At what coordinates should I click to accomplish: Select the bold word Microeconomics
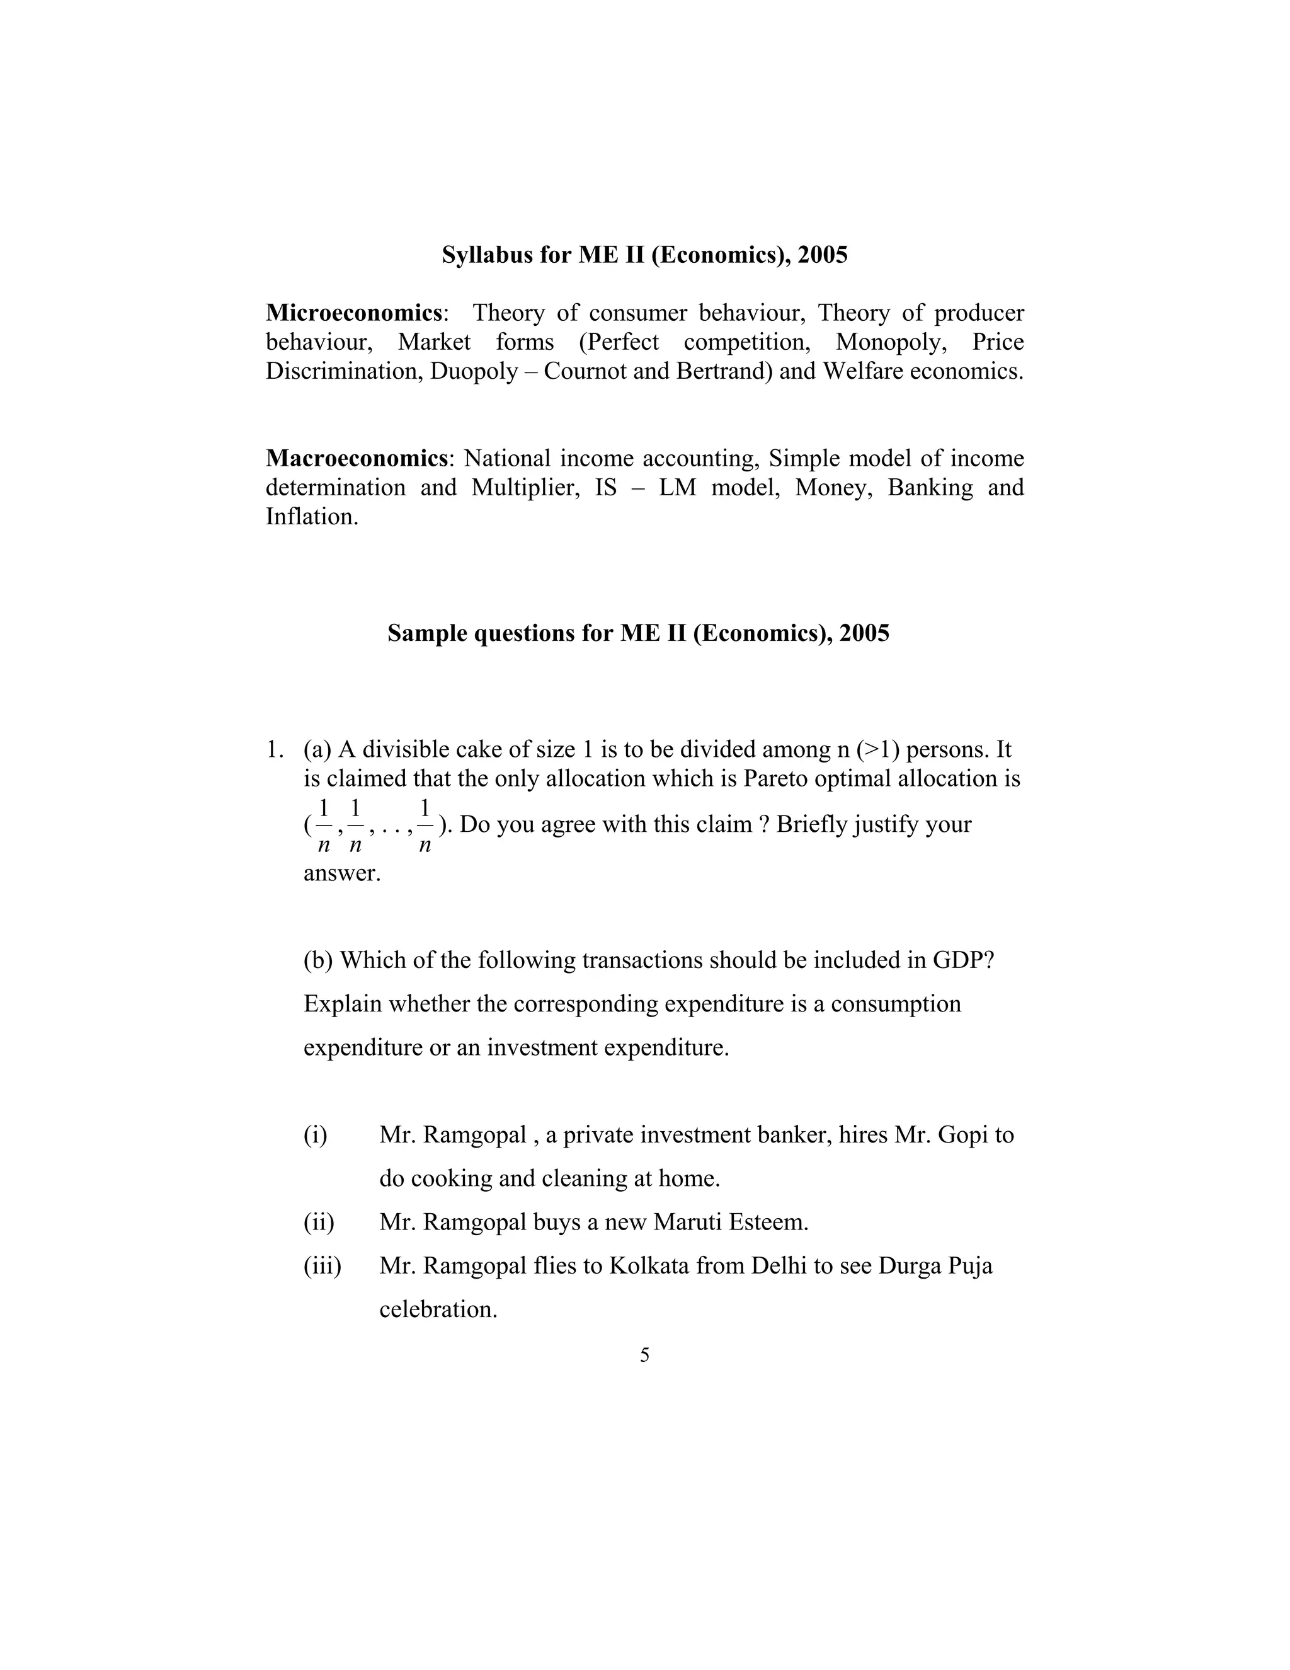click(354, 313)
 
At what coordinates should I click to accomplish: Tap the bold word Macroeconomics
click(356, 458)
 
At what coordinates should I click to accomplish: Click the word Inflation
click(312, 516)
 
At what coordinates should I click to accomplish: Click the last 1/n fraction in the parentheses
click(425, 826)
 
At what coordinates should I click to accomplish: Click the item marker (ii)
click(319, 1222)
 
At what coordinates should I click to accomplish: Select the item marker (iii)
click(322, 1265)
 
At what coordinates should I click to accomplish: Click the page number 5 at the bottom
click(645, 1355)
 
